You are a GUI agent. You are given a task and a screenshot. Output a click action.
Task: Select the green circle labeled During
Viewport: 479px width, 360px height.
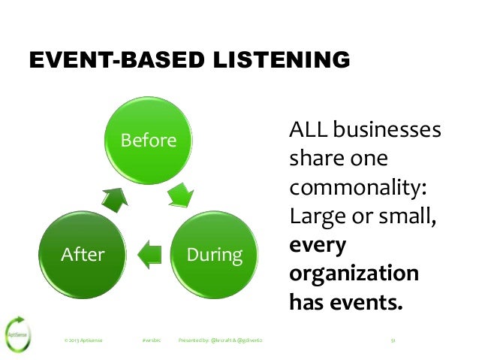pyautogui.click(x=215, y=255)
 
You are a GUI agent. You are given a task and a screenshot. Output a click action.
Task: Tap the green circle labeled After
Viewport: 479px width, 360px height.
pyautogui.click(x=83, y=255)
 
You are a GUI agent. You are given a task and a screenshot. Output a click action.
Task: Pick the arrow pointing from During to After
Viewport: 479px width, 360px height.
pyautogui.click(x=150, y=253)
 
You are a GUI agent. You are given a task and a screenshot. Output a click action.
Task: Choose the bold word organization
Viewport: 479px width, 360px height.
pyautogui.click(x=354, y=274)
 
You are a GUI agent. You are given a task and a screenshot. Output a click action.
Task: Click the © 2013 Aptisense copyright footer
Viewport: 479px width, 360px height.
pyautogui.click(x=83, y=340)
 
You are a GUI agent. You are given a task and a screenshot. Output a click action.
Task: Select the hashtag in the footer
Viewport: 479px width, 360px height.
pyautogui.click(x=152, y=340)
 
